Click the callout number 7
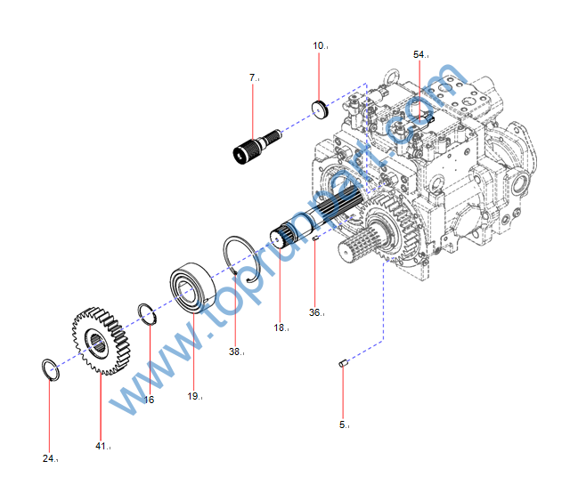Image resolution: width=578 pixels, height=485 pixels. [253, 78]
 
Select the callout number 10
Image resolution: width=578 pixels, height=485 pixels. [318, 44]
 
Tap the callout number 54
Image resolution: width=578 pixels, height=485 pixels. [419, 54]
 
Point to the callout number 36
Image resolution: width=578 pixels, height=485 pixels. [314, 312]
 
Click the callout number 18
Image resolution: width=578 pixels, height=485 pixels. [280, 327]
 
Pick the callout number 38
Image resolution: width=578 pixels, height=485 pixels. [234, 352]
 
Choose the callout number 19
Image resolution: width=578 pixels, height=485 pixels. [193, 396]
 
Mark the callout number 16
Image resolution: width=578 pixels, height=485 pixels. [149, 400]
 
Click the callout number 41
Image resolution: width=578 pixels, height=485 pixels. [101, 445]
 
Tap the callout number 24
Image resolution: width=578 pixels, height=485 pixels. [49, 458]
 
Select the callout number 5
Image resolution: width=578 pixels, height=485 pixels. [343, 424]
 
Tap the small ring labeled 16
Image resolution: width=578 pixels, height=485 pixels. [148, 315]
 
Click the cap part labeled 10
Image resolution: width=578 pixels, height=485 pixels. [321, 110]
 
